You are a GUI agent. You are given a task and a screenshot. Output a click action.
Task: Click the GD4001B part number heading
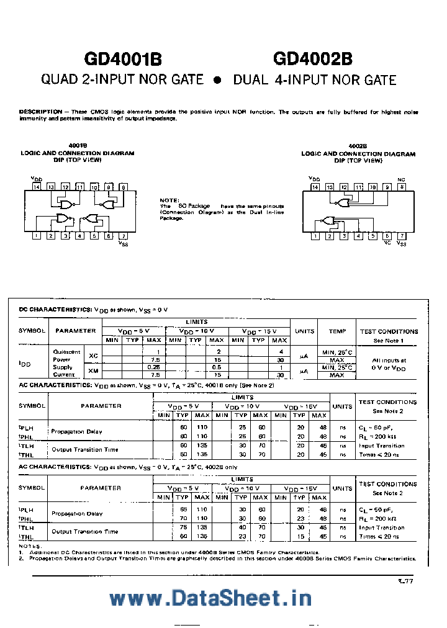(123, 59)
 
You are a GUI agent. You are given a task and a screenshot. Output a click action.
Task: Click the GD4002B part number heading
(312, 59)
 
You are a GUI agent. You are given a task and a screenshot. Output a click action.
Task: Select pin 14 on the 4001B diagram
(37, 187)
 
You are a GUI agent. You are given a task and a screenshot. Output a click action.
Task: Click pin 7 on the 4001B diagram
(124, 236)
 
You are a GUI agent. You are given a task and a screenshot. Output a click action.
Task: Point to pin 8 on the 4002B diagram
(402, 187)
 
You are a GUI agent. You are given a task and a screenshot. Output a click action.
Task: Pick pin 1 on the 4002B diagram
(315, 236)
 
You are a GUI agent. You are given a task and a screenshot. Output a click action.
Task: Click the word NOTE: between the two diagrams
(169, 200)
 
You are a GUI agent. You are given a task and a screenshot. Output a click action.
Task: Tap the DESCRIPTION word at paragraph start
(40, 112)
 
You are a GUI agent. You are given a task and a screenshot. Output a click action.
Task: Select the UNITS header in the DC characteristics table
(304, 331)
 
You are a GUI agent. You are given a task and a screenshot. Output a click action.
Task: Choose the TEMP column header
(338, 331)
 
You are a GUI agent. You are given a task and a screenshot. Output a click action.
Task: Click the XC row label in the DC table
(94, 355)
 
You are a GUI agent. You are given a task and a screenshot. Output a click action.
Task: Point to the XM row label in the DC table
(94, 370)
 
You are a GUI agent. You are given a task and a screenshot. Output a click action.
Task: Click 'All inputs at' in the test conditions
(389, 360)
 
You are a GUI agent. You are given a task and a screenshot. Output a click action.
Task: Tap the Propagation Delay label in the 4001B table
(76, 431)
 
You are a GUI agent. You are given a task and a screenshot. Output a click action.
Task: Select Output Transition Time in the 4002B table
(84, 532)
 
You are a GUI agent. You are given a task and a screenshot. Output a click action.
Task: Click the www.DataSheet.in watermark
(210, 598)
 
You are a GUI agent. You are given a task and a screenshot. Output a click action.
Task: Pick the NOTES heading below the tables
(29, 545)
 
